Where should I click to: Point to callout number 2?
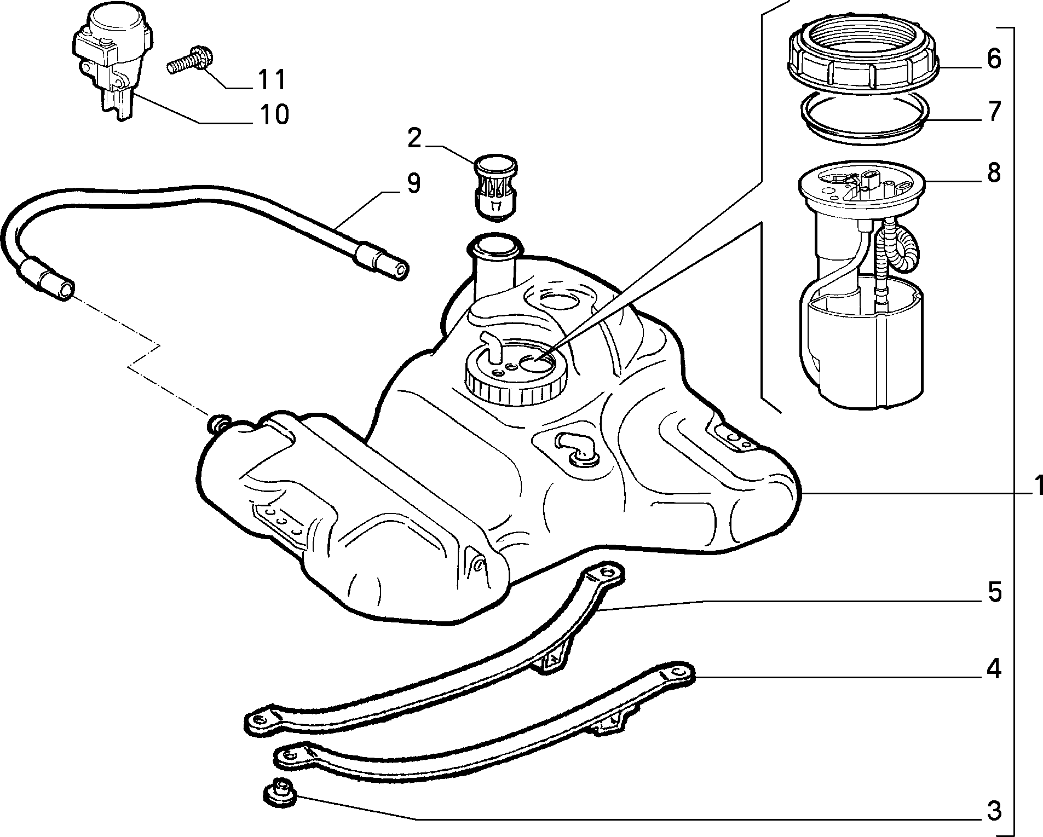[414, 139]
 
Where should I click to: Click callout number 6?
[994, 59]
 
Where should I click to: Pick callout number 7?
[994, 111]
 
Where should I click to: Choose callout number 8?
[994, 172]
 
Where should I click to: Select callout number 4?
[994, 669]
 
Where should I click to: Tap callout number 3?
[994, 811]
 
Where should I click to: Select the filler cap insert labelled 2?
[495, 187]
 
